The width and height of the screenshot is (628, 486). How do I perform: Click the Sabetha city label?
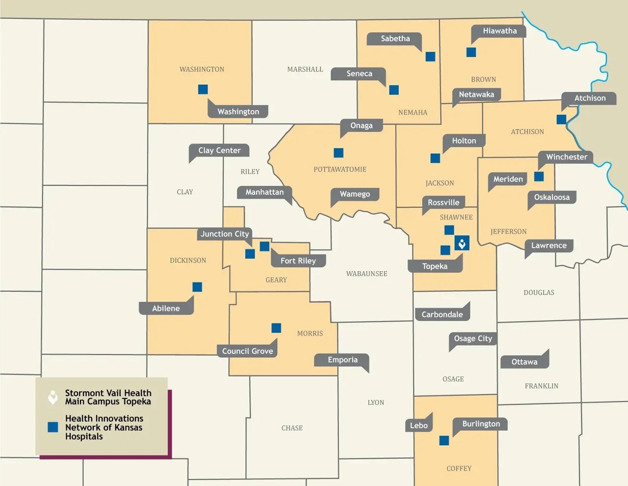(x=395, y=39)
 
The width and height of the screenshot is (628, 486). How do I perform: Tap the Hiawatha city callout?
(x=499, y=31)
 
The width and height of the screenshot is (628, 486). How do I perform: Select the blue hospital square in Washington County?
(x=203, y=89)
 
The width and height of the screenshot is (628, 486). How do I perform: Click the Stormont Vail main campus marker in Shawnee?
(x=462, y=243)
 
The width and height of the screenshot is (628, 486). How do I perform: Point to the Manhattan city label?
(x=264, y=192)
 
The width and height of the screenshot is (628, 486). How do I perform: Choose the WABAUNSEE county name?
(x=366, y=274)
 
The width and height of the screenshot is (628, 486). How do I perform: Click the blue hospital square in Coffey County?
(x=444, y=441)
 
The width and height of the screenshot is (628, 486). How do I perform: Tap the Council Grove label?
(x=247, y=351)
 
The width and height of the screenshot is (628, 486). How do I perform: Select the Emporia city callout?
(x=342, y=360)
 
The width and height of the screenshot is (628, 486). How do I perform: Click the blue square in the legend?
(x=53, y=427)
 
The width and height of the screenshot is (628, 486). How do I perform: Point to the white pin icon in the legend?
(x=53, y=397)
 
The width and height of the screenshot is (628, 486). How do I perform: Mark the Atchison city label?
(x=590, y=98)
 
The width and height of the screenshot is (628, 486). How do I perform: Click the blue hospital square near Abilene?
(x=197, y=287)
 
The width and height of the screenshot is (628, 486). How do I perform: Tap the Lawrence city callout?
(x=549, y=246)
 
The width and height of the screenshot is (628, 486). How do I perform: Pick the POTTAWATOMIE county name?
(x=340, y=170)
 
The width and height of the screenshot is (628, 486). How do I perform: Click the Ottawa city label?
(x=524, y=362)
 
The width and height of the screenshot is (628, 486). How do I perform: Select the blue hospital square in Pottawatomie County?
(x=339, y=153)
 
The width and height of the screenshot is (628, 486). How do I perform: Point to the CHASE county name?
(x=292, y=428)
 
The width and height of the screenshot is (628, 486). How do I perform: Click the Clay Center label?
(x=219, y=150)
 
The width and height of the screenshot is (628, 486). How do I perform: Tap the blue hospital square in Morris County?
(x=276, y=328)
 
